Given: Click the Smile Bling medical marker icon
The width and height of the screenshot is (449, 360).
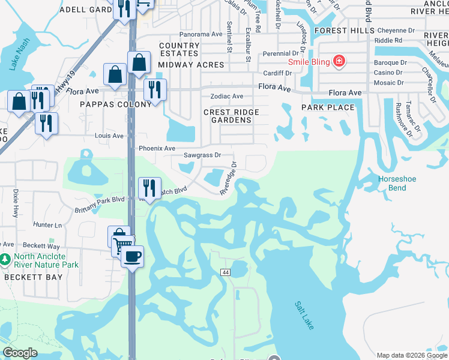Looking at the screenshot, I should tap(339, 61).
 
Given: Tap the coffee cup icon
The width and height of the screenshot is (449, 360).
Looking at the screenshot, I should tap(133, 256).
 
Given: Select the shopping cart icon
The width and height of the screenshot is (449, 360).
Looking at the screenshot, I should tap(122, 245).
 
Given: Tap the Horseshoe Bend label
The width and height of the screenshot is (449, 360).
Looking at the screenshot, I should tap(393, 183).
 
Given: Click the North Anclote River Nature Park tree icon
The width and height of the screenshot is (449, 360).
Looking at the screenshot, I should tap(5, 260).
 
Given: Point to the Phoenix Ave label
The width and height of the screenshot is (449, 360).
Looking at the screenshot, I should tap(157, 148).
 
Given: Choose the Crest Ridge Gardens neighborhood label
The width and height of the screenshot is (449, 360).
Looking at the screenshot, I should tap(231, 116).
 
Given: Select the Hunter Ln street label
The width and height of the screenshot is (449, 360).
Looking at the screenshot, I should tap(48, 225).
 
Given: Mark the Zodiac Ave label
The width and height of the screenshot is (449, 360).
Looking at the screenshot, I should tap(226, 96).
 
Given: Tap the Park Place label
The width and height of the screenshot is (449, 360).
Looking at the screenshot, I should tap(327, 107).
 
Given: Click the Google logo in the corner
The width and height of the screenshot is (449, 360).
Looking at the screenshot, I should tap(20, 353).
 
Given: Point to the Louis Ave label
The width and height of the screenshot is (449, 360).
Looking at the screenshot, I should tap(109, 136).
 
